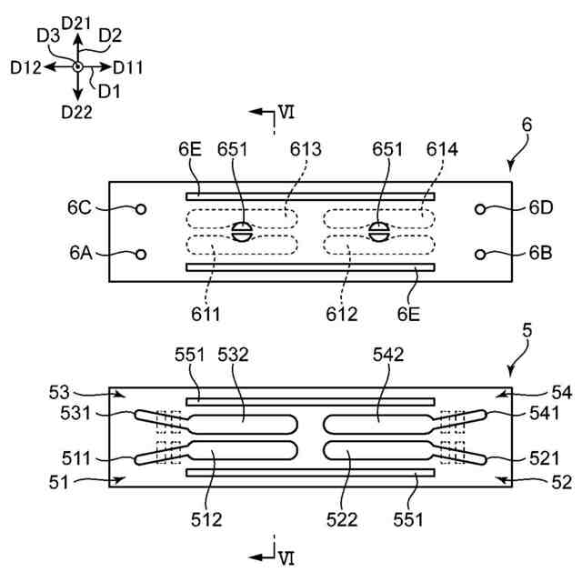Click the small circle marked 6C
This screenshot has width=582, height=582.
click(141, 209)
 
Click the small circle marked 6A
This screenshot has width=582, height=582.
click(141, 255)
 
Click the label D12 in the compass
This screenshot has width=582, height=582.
click(27, 67)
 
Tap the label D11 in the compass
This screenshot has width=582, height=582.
click(128, 67)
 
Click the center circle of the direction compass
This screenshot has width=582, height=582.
click(78, 67)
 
